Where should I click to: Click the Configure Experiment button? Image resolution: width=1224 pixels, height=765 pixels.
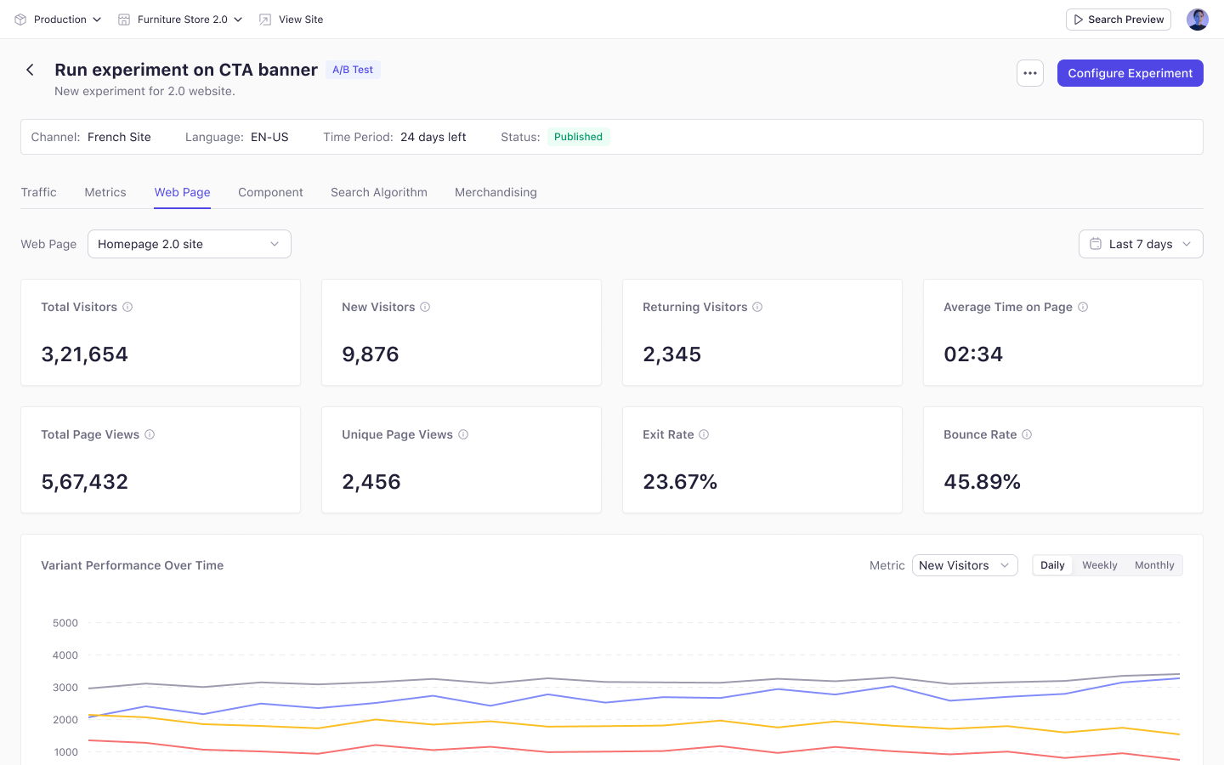[x=1130, y=73]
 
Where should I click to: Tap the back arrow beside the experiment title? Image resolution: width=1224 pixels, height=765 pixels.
[x=30, y=70]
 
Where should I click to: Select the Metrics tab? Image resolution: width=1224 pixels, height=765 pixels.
[x=105, y=192]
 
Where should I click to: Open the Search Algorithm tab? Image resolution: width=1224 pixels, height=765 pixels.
[x=379, y=192]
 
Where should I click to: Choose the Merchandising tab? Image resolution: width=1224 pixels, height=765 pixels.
[x=496, y=192]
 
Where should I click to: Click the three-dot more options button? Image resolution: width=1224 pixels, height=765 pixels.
[x=1030, y=73]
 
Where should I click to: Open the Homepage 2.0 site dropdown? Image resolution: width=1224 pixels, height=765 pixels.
[x=189, y=244]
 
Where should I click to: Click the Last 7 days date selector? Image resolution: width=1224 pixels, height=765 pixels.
[x=1141, y=244]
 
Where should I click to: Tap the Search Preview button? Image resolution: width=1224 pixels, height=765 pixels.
[x=1118, y=20]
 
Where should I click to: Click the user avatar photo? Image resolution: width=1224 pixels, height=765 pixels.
[x=1197, y=20]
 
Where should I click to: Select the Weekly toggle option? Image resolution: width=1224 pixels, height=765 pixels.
[x=1099, y=565]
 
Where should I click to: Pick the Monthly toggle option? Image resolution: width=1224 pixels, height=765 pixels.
[x=1154, y=565]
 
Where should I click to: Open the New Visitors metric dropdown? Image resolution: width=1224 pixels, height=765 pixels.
[x=965, y=565]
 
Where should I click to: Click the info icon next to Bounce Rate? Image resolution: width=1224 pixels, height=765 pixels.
[x=1027, y=434]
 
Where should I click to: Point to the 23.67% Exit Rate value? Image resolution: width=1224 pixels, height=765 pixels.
[x=680, y=481]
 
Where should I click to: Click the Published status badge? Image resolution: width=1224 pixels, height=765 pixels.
[x=578, y=137]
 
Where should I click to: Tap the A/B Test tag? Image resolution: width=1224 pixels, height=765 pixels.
[x=353, y=70]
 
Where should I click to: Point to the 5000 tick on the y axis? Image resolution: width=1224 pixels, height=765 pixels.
[x=65, y=623]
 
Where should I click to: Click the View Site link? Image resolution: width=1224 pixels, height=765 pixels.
[x=291, y=20]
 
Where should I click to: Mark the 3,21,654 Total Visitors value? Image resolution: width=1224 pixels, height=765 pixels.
[x=85, y=354]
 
